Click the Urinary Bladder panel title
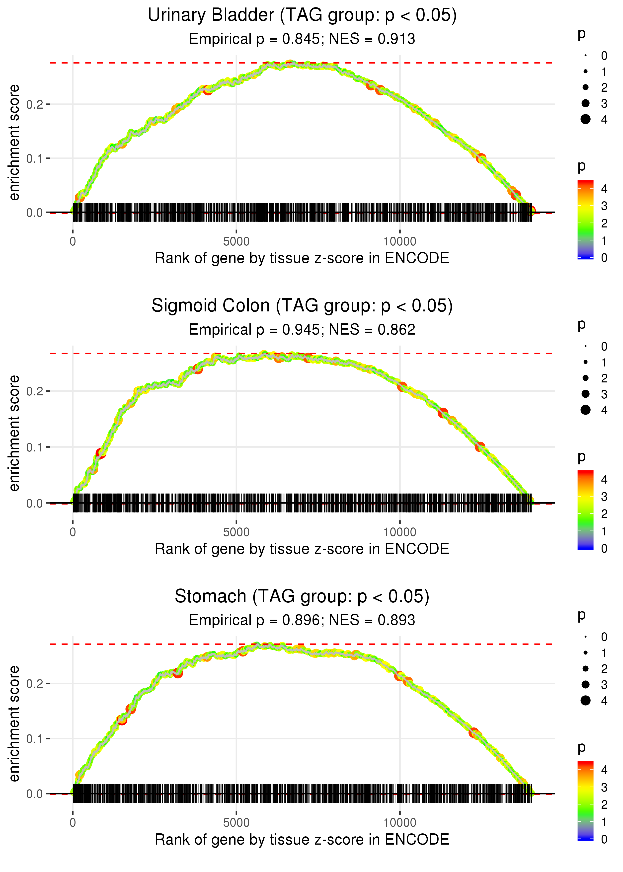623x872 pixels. (x=302, y=15)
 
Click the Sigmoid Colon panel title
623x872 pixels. (x=302, y=306)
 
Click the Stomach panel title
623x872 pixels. (x=302, y=597)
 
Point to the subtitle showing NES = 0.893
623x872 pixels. (x=302, y=620)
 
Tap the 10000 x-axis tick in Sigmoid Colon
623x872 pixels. (x=400, y=532)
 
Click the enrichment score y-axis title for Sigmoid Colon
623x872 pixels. (x=14, y=433)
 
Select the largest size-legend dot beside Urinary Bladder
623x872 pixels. (x=585, y=119)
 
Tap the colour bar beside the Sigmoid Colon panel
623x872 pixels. (x=585, y=510)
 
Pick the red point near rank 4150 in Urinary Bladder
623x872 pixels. (x=208, y=90)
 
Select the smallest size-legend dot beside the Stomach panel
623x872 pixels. (x=585, y=637)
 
